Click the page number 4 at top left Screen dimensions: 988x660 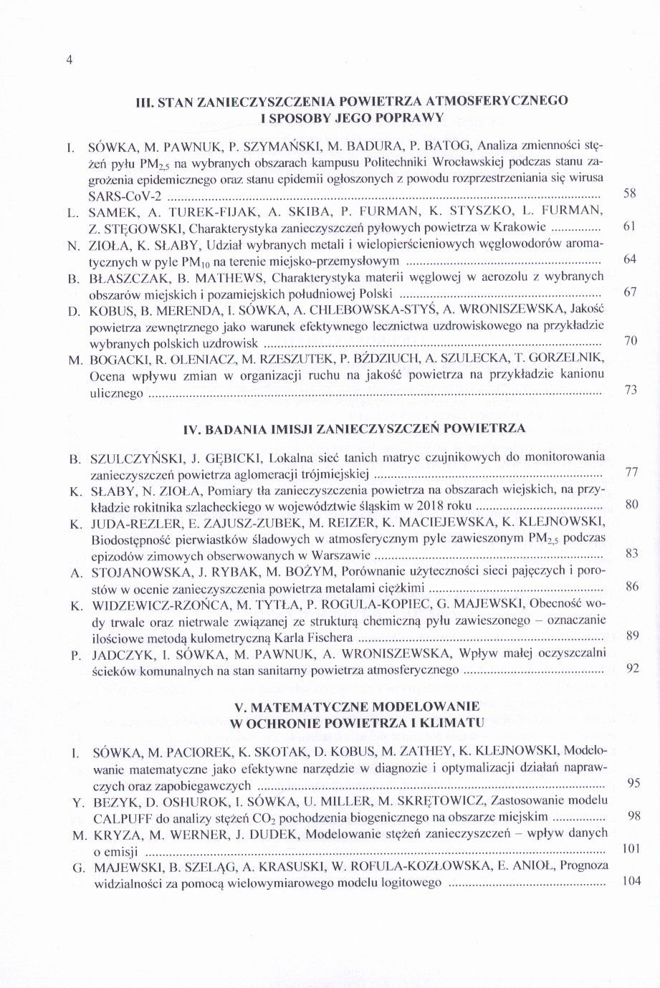coord(70,60)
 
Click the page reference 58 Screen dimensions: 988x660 coord(630,194)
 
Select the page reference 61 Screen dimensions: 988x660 coord(630,226)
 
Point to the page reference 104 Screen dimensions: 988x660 coord(630,881)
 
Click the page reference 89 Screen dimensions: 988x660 coord(631,635)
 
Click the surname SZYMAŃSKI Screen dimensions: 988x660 coord(280,149)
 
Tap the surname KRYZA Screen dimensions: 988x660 coord(115,834)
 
